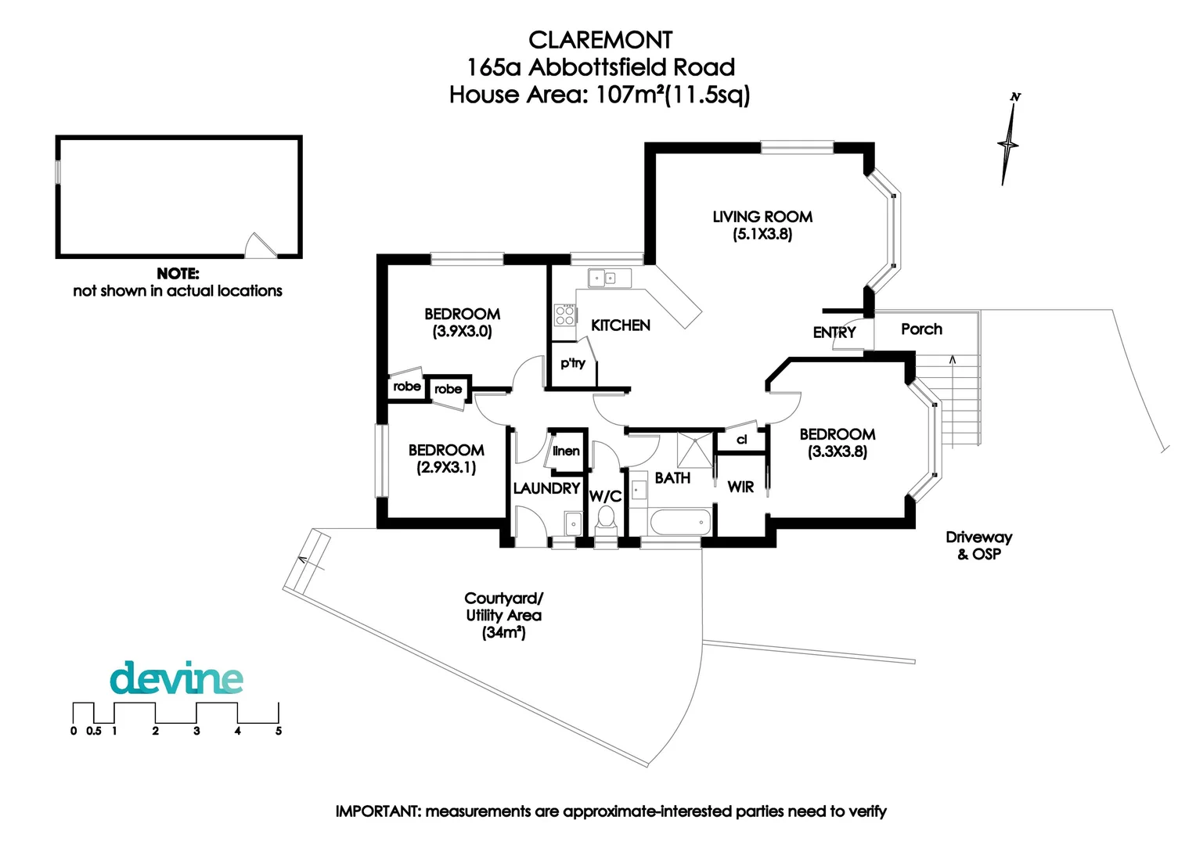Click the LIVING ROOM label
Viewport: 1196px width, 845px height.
pyautogui.click(x=762, y=217)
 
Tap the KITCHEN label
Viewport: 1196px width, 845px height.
pyautogui.click(x=620, y=325)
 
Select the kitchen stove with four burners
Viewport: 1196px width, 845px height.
pyautogui.click(x=564, y=315)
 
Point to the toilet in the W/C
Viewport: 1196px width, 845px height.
pyautogui.click(x=605, y=519)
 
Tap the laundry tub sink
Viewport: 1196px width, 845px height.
pyautogui.click(x=573, y=523)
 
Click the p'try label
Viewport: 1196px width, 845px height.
pyautogui.click(x=572, y=363)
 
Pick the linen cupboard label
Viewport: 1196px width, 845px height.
pyautogui.click(x=566, y=451)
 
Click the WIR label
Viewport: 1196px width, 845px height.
pyautogui.click(x=740, y=487)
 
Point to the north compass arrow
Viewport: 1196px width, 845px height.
pyautogui.click(x=1010, y=141)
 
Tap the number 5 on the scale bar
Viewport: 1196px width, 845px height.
pyautogui.click(x=278, y=731)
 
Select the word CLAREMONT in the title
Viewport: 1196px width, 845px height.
pyautogui.click(x=600, y=40)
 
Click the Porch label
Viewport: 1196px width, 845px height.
pyautogui.click(x=921, y=329)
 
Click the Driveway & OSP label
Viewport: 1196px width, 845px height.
pyautogui.click(x=978, y=545)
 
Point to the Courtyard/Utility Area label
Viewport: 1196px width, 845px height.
pyautogui.click(x=503, y=615)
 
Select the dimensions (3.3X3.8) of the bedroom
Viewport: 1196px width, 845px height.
pyautogui.click(x=837, y=451)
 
